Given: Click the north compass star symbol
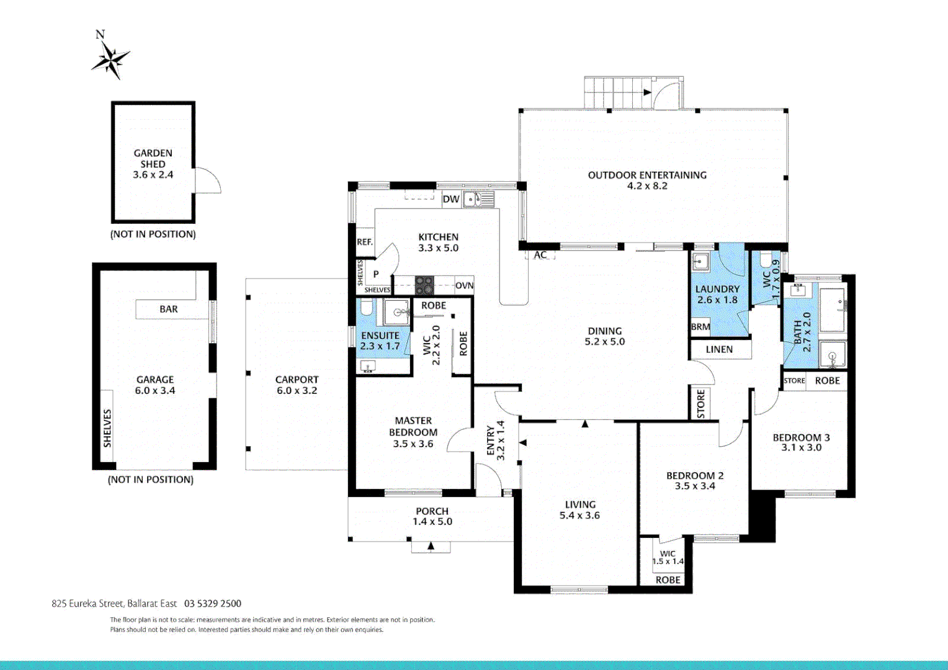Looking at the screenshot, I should tap(111, 60).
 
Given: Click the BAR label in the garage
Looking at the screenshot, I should tap(169, 309).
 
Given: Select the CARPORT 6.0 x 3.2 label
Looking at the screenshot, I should tap(297, 385).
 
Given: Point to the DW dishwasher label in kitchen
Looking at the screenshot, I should tap(451, 199).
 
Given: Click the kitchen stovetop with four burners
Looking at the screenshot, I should tap(425, 285).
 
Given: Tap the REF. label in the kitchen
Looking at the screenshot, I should tap(365, 242).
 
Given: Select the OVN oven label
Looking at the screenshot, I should tap(464, 286).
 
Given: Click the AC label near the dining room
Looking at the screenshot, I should tap(540, 255).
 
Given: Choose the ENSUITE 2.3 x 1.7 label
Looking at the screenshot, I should tap(380, 341).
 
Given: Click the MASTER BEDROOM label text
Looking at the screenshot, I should tap(413, 432).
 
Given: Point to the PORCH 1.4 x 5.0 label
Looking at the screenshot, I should tap(432, 516).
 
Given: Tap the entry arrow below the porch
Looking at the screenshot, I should tap(431, 547).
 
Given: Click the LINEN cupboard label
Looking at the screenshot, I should tap(719, 349).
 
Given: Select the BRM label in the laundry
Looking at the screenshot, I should tap(700, 327).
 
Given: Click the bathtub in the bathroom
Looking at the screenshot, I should tap(832, 309).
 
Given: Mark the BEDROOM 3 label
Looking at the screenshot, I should tap(801, 442).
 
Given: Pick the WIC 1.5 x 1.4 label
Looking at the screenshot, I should tap(668, 558).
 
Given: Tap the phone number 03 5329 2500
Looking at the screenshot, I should tap(213, 604).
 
